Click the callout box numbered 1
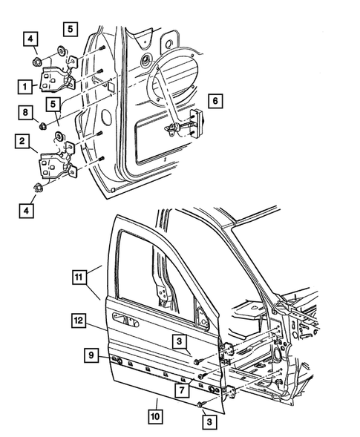[25, 86]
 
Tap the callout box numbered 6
[215, 99]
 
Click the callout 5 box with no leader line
[70, 30]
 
